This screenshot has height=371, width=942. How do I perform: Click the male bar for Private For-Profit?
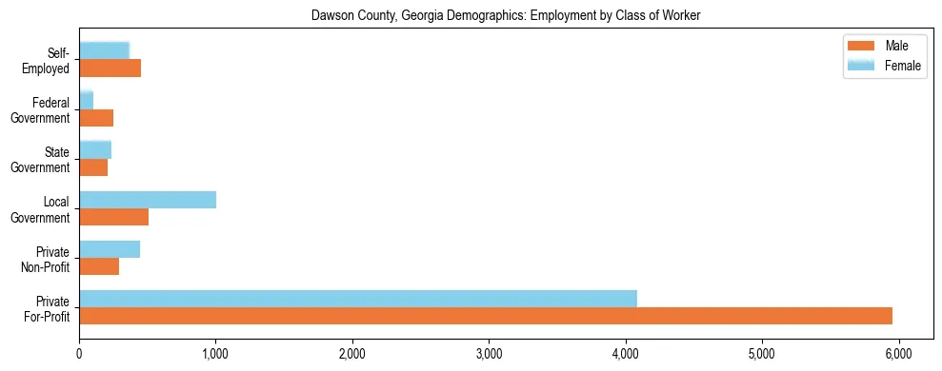click(x=486, y=316)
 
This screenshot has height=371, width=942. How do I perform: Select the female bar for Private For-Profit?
click(x=358, y=299)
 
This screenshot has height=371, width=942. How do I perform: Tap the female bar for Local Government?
click(x=148, y=200)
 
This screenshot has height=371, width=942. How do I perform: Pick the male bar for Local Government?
click(x=114, y=217)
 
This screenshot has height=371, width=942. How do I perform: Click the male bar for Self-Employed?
click(x=110, y=68)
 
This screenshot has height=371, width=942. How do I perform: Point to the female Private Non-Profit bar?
click(x=110, y=249)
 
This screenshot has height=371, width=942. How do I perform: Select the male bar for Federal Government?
click(x=96, y=118)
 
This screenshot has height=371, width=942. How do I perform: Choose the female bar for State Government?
click(x=95, y=150)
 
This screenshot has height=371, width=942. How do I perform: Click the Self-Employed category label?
click(x=50, y=61)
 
